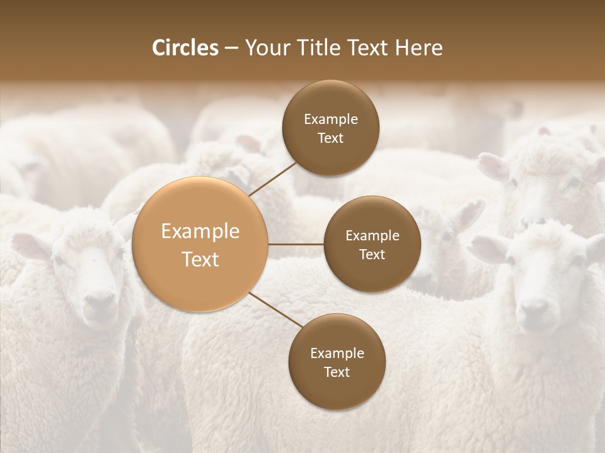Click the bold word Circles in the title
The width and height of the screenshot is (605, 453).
185,48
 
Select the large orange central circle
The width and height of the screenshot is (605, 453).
200,244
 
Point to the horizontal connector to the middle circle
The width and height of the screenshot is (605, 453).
296,244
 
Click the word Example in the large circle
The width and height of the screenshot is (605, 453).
200,232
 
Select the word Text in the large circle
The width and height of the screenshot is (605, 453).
200,259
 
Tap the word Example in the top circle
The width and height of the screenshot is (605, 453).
331,120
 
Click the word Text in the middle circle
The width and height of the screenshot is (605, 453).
372,255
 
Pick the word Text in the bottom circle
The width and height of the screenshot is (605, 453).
337,372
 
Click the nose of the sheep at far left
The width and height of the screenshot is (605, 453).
99,303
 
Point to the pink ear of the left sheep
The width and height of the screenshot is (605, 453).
28,243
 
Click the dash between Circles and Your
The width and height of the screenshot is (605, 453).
231,48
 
